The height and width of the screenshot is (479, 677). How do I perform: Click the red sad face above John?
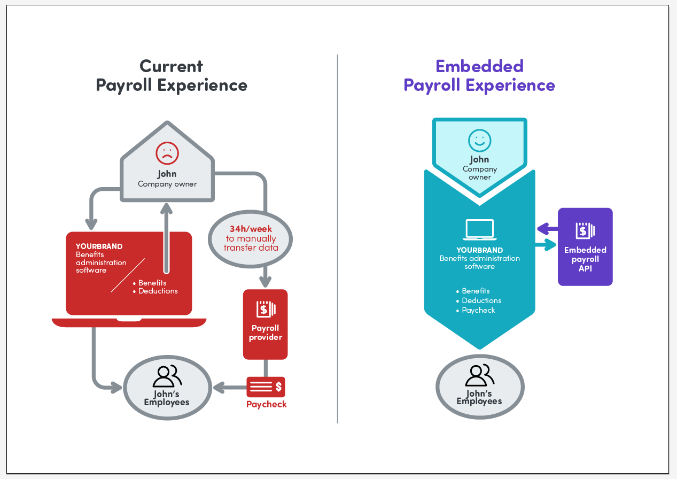coord(167,153)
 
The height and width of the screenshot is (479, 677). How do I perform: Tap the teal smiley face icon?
coord(479,140)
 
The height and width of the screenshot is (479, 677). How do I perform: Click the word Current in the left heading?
coord(172,66)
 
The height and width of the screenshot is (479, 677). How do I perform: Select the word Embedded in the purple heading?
coord(479,66)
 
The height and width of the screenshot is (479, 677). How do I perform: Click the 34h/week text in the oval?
coord(251,229)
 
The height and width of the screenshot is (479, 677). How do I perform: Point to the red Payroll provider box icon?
coord(266,309)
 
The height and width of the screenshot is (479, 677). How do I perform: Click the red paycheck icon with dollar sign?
coord(266,387)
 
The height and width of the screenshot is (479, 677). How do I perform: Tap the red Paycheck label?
coord(266,404)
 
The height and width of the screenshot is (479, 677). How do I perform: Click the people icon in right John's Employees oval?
coord(479,375)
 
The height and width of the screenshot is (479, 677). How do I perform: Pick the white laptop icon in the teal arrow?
coord(479,230)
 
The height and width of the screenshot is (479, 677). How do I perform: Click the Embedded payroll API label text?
coord(585,259)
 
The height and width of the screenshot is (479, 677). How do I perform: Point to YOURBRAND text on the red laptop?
coord(99,246)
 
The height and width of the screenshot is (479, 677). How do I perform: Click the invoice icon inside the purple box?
coord(585,230)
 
